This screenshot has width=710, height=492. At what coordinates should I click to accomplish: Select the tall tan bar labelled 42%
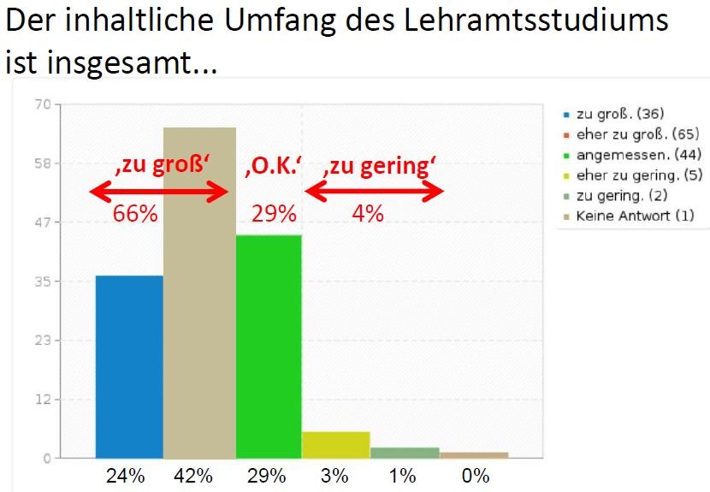tap(199, 299)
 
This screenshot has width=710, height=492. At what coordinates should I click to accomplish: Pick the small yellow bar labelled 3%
tap(335, 445)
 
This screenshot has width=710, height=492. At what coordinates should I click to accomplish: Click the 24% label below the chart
tap(125, 476)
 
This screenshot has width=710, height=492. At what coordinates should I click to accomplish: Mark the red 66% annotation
tap(135, 214)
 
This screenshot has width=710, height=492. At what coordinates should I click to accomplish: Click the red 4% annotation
tap(368, 214)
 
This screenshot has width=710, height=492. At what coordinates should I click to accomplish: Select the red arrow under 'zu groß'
tap(160, 192)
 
